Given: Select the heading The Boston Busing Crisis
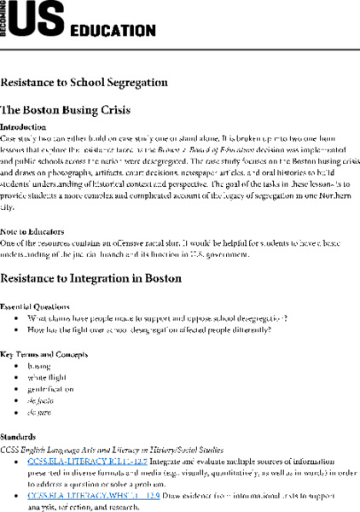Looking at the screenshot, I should pyautogui.click(x=63, y=110).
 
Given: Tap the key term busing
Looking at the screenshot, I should pyautogui.click(x=39, y=366).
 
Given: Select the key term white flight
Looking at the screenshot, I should pyautogui.click(x=46, y=378).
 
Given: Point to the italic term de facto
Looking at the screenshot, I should pyautogui.click(x=41, y=403).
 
